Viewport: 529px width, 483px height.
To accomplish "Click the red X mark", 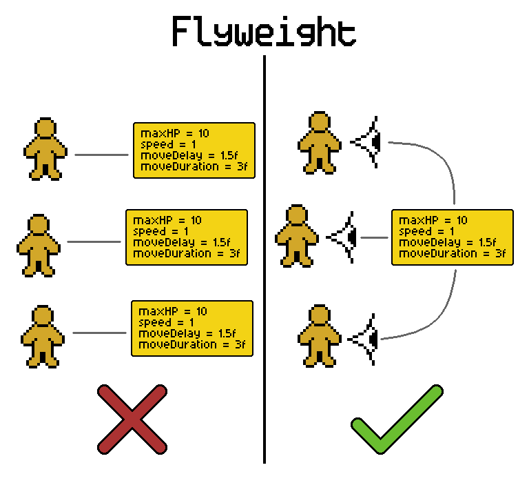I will pyautogui.click(x=132, y=420).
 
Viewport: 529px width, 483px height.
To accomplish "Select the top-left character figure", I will pyautogui.click(x=45, y=149).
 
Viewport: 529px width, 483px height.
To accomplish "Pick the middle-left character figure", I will pyautogui.click(x=39, y=246).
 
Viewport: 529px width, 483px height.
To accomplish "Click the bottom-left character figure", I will pyautogui.click(x=43, y=337).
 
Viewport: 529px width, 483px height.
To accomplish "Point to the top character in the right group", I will pyautogui.click(x=320, y=143).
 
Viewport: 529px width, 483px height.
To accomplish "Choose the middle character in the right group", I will pyautogui.click(x=297, y=236).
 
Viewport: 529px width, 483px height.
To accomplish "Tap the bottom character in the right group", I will pyautogui.click(x=320, y=336).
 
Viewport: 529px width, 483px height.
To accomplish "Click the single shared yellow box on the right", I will pyautogui.click(x=453, y=237).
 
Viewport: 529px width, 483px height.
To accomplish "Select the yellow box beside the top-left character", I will pyautogui.click(x=194, y=150).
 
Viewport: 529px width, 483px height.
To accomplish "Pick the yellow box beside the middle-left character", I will pyautogui.click(x=187, y=237).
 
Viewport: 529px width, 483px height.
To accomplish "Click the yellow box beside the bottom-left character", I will pyautogui.click(x=192, y=328).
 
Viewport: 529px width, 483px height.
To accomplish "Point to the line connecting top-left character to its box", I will pyautogui.click(x=102, y=155).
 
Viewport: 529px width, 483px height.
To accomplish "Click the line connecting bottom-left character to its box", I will pyautogui.click(x=100, y=333).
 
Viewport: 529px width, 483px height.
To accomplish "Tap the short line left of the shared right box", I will pyautogui.click(x=374, y=237).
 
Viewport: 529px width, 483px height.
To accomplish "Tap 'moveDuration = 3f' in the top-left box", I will pyautogui.click(x=194, y=167).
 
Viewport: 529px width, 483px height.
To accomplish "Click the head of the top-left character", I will pyautogui.click(x=45, y=129).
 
